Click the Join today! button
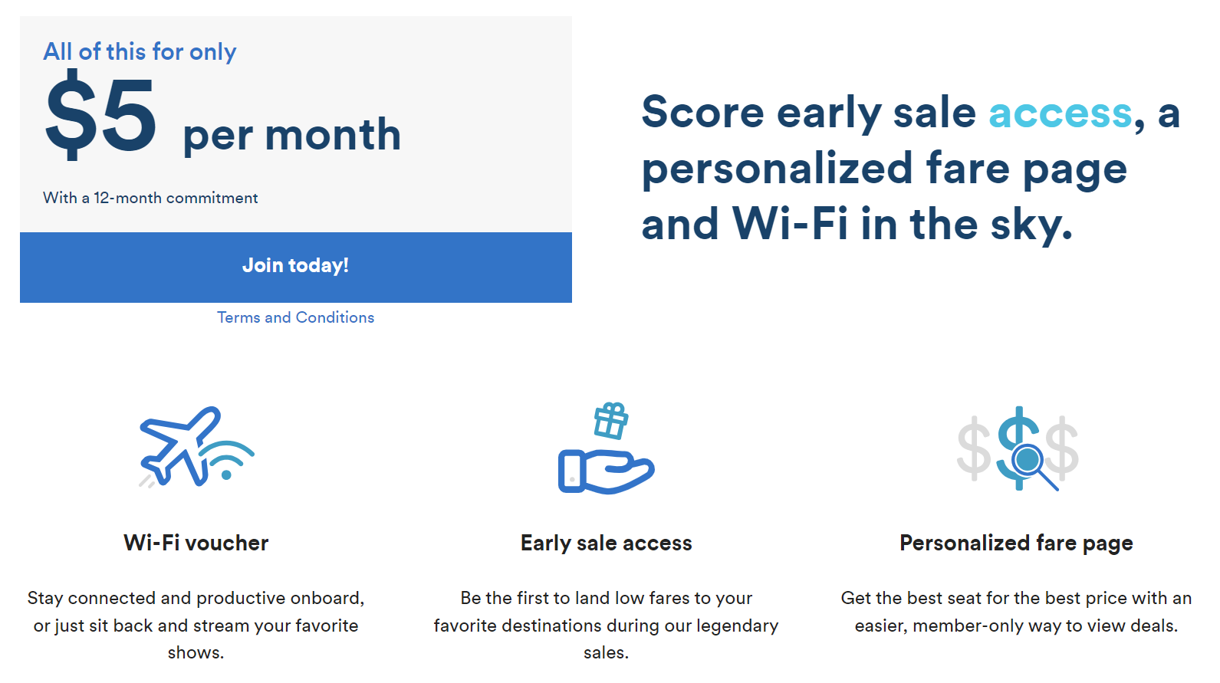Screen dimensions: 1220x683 coord(296,267)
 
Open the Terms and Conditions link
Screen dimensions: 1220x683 coord(296,317)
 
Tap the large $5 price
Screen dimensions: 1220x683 coord(100,115)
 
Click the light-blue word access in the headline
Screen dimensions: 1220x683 coord(1060,113)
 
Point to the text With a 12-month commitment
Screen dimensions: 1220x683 coord(150,198)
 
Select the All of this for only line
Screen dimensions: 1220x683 coord(140,52)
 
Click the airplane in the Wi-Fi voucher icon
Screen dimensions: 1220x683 coord(180,446)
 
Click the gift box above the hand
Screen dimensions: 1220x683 coord(611,421)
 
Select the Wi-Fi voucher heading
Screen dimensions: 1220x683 coord(196,543)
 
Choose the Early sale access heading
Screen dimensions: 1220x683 coord(607,543)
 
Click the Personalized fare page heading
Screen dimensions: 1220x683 coord(1016,543)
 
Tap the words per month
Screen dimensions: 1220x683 coord(292,135)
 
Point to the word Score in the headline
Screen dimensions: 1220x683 coord(703,112)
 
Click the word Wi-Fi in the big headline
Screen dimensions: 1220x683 coord(790,224)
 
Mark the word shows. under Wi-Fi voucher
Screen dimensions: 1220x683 coord(196,652)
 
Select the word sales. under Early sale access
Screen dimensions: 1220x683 coord(607,652)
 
